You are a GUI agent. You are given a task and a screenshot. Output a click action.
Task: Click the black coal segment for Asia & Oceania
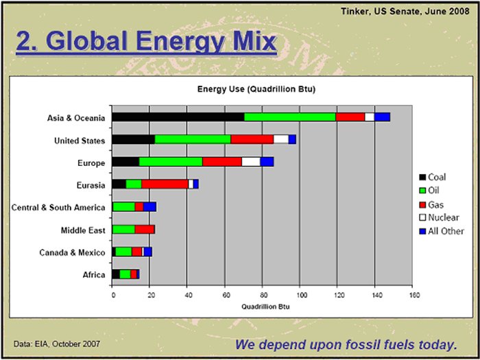178,117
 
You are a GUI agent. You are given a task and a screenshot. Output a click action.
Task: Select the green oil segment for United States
193,140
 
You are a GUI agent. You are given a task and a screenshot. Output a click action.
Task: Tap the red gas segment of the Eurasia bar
165,184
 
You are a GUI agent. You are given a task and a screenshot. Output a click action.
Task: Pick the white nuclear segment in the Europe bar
251,162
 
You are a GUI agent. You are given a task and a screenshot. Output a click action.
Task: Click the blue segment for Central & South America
149,207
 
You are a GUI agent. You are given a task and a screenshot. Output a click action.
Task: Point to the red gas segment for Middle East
145,230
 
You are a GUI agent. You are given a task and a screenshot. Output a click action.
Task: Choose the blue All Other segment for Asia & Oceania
382,117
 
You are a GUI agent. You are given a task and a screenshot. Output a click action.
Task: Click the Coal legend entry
432,177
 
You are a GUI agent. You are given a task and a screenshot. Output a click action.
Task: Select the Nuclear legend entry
439,217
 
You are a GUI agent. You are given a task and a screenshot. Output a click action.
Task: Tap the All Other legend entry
442,231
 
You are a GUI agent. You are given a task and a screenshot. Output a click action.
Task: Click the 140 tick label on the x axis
375,296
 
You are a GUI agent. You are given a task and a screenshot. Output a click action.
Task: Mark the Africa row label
94,275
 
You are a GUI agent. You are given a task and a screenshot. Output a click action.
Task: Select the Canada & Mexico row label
72,253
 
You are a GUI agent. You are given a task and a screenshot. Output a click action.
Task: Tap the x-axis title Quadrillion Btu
265,307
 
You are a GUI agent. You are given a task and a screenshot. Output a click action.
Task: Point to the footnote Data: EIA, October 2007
57,344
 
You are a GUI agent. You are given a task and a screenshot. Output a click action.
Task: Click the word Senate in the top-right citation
407,12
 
